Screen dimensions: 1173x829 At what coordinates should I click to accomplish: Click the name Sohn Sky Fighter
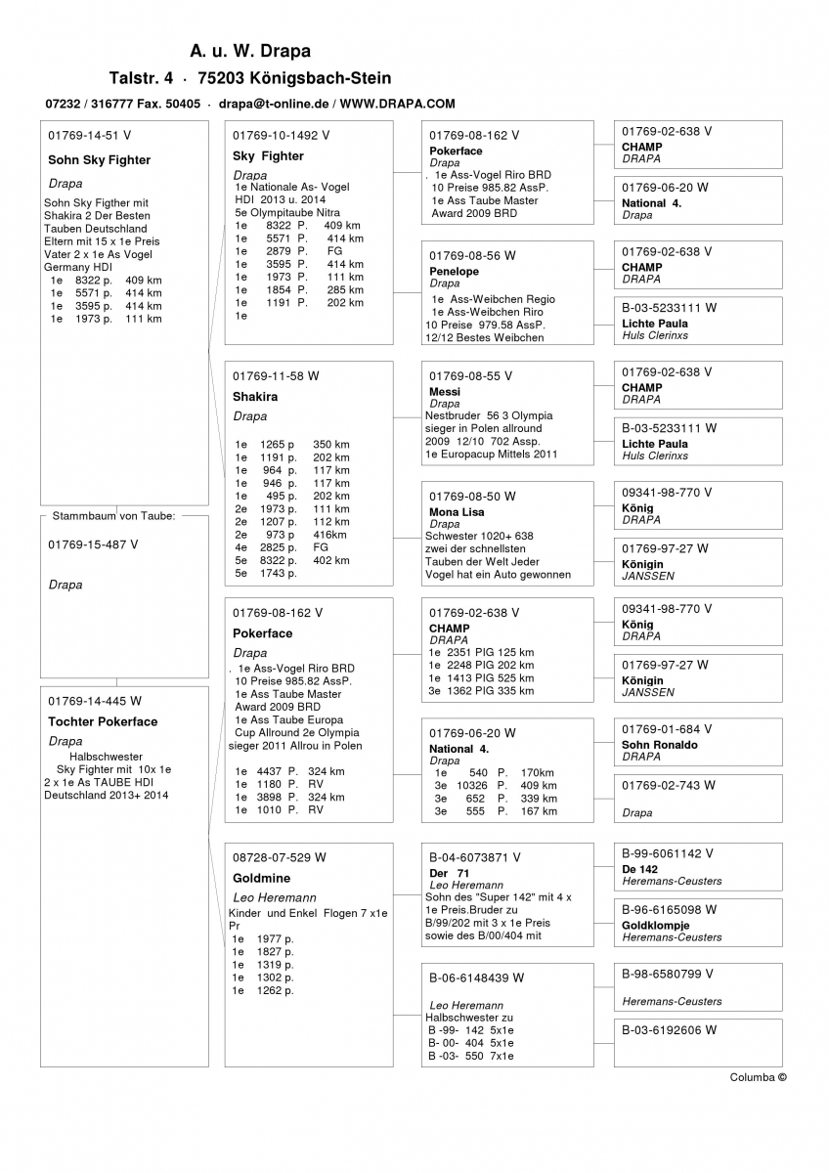[99, 160]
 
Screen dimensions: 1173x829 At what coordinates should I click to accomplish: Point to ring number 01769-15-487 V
[93, 544]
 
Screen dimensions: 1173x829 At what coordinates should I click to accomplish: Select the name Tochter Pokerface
[103, 722]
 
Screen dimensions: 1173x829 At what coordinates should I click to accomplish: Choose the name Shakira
[255, 397]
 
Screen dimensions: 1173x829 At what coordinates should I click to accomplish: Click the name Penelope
[455, 272]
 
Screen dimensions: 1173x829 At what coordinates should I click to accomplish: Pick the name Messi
[445, 392]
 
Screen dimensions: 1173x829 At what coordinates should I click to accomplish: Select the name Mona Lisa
[457, 512]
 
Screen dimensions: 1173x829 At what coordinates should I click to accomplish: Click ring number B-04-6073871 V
[475, 857]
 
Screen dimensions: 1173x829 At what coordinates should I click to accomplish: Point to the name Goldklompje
[655, 926]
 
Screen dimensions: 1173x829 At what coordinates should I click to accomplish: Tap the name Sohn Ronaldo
[660, 745]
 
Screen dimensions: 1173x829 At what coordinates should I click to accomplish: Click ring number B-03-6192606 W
[669, 1029]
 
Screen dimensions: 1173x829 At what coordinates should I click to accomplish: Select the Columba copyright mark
[758, 1077]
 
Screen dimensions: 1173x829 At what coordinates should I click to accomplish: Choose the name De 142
[639, 869]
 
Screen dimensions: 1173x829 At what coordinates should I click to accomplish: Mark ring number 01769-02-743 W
[669, 785]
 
